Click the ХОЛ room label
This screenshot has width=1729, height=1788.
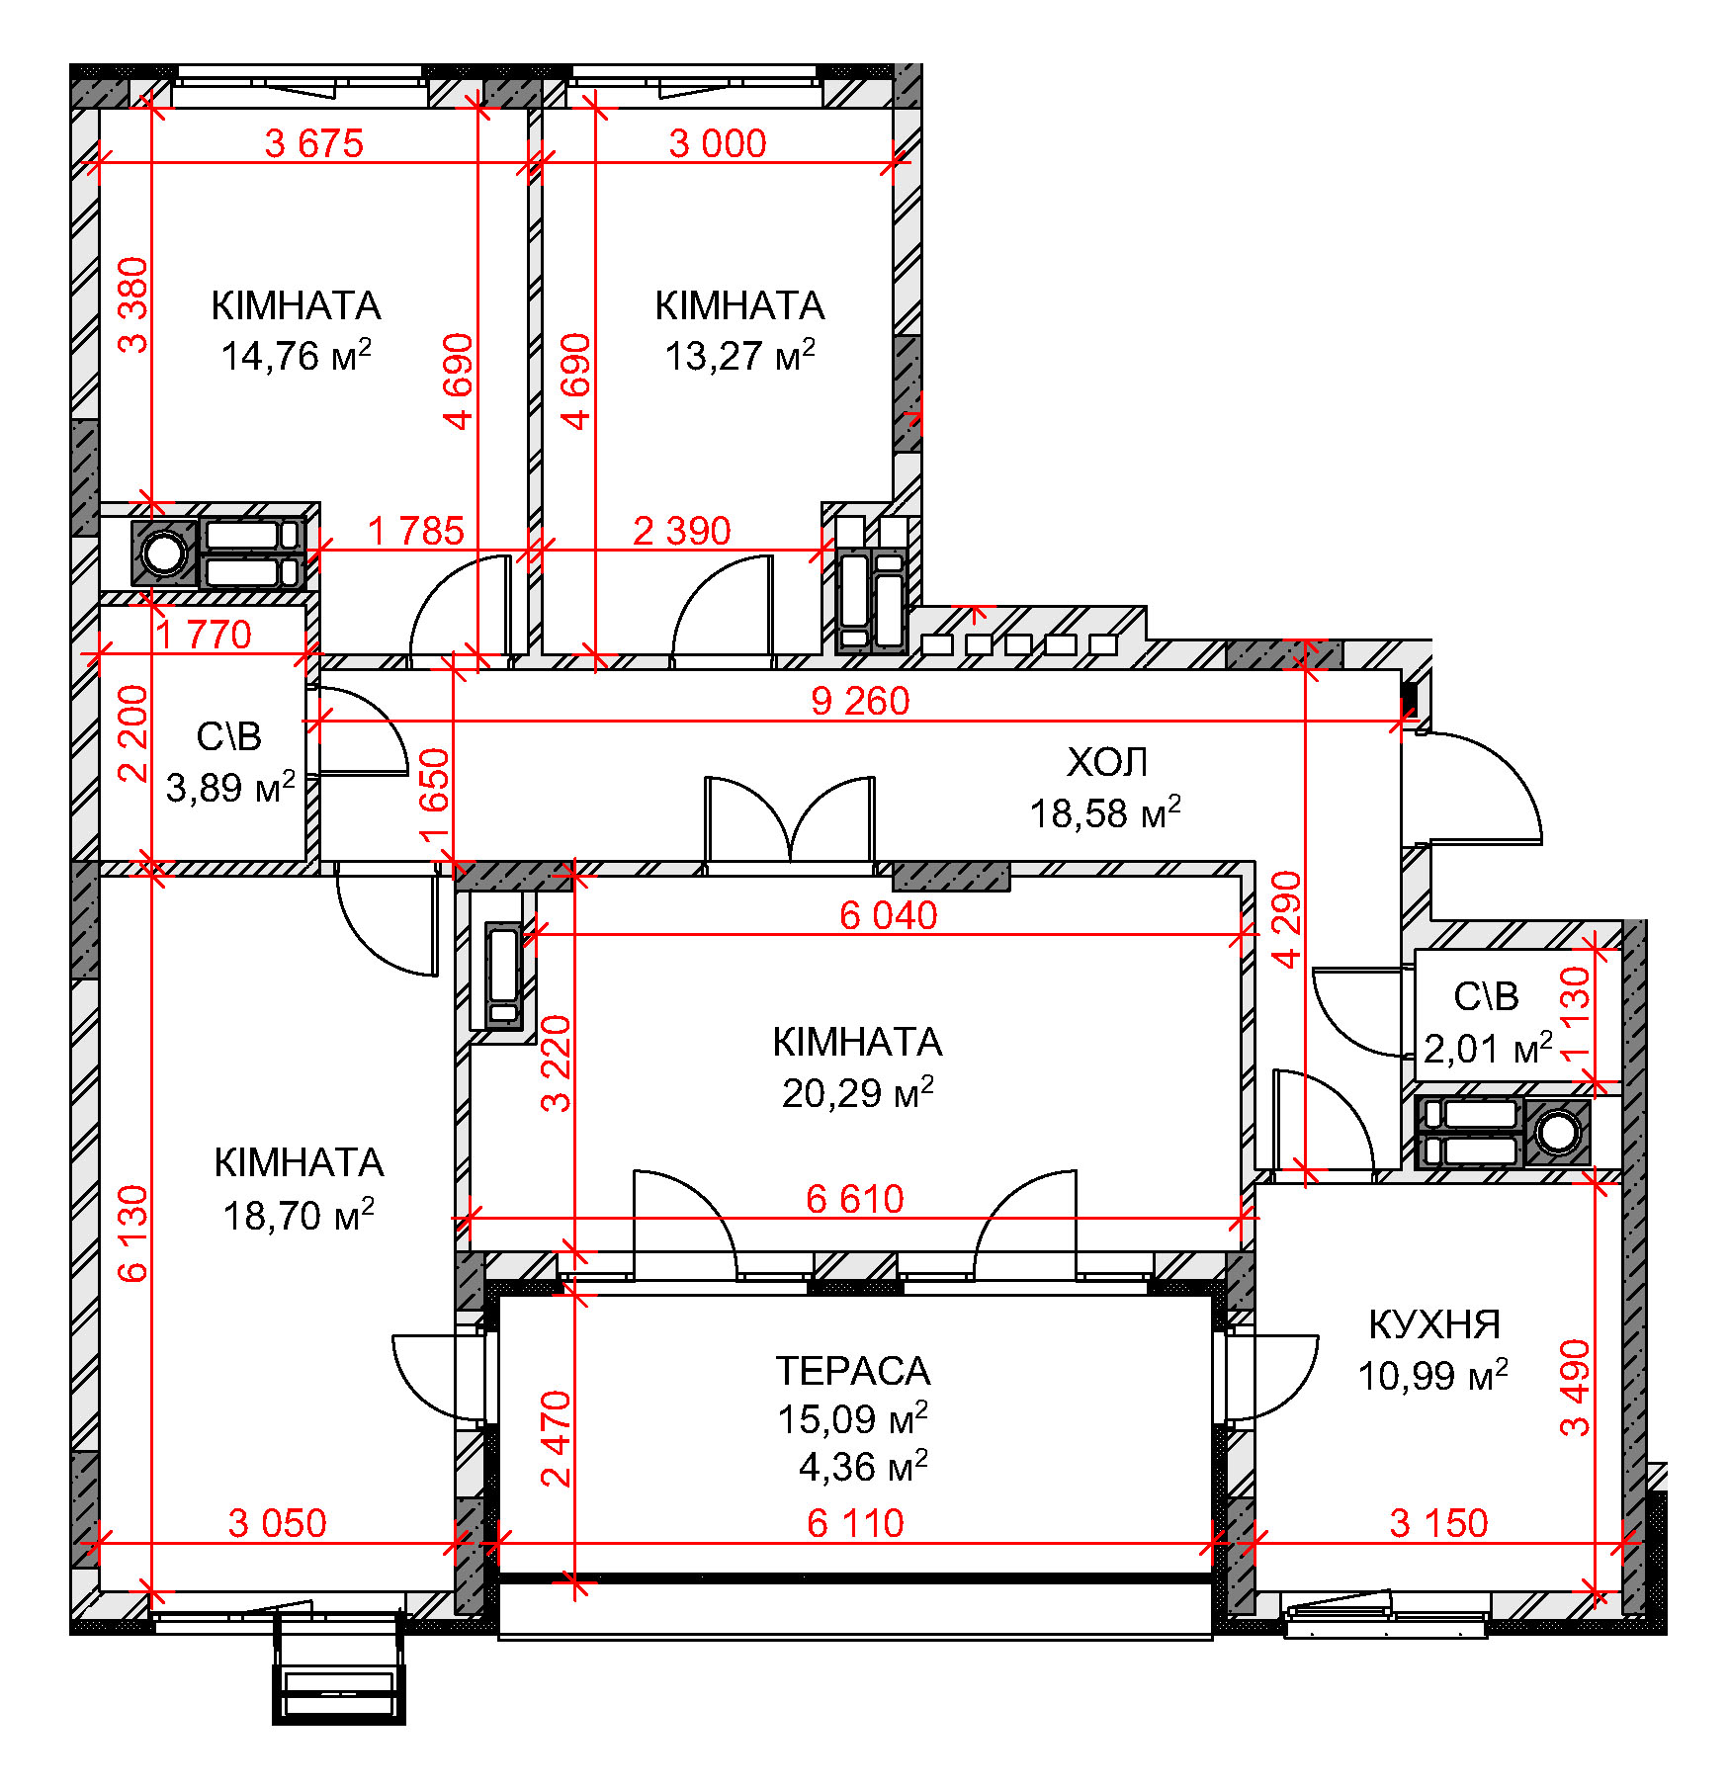pos(1107,762)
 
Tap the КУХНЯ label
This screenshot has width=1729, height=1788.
pos(1434,1324)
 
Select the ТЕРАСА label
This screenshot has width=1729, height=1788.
pos(853,1371)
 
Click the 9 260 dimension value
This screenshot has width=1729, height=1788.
pos(860,701)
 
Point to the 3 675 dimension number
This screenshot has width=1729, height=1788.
pos(314,143)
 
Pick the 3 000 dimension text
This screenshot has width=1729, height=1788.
pos(718,143)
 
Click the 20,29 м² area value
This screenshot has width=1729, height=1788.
pos(857,1092)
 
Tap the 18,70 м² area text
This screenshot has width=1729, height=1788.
pos(299,1215)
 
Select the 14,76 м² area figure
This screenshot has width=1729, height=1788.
pos(296,355)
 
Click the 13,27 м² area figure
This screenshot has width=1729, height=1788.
pos(739,355)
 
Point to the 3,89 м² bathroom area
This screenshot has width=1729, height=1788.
pos(230,787)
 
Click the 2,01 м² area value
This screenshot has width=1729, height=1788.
pos(1488,1048)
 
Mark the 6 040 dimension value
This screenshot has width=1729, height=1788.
pos(889,915)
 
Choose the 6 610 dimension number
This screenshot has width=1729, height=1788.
pos(855,1199)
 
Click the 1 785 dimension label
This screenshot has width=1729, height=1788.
pos(416,531)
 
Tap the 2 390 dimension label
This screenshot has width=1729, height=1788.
pos(682,531)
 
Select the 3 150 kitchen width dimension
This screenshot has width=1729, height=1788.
pos(1438,1523)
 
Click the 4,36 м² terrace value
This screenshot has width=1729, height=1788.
pos(863,1467)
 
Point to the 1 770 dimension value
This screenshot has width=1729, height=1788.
pos(205,635)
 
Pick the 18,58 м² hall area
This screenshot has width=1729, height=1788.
pos(1105,812)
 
